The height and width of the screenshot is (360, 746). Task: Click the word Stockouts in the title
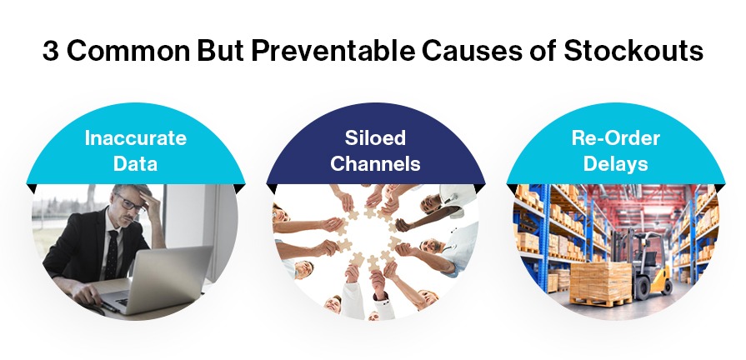point(633,51)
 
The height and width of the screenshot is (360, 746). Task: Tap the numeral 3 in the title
point(51,52)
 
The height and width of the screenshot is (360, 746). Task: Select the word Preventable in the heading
point(333,51)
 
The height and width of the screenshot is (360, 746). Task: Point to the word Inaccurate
point(136,138)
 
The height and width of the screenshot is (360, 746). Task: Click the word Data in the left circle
point(136,163)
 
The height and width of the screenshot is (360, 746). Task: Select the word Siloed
point(375,137)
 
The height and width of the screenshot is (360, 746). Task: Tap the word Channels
point(375,163)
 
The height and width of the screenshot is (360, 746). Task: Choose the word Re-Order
point(615,137)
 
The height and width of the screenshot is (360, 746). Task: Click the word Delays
point(615,164)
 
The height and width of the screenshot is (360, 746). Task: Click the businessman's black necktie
point(113,253)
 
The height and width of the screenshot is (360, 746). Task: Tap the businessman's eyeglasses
point(129,203)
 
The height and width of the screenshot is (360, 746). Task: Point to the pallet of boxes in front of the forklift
point(600,283)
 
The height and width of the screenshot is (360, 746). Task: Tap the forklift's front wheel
point(643,288)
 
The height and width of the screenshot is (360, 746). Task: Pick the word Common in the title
point(128,52)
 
